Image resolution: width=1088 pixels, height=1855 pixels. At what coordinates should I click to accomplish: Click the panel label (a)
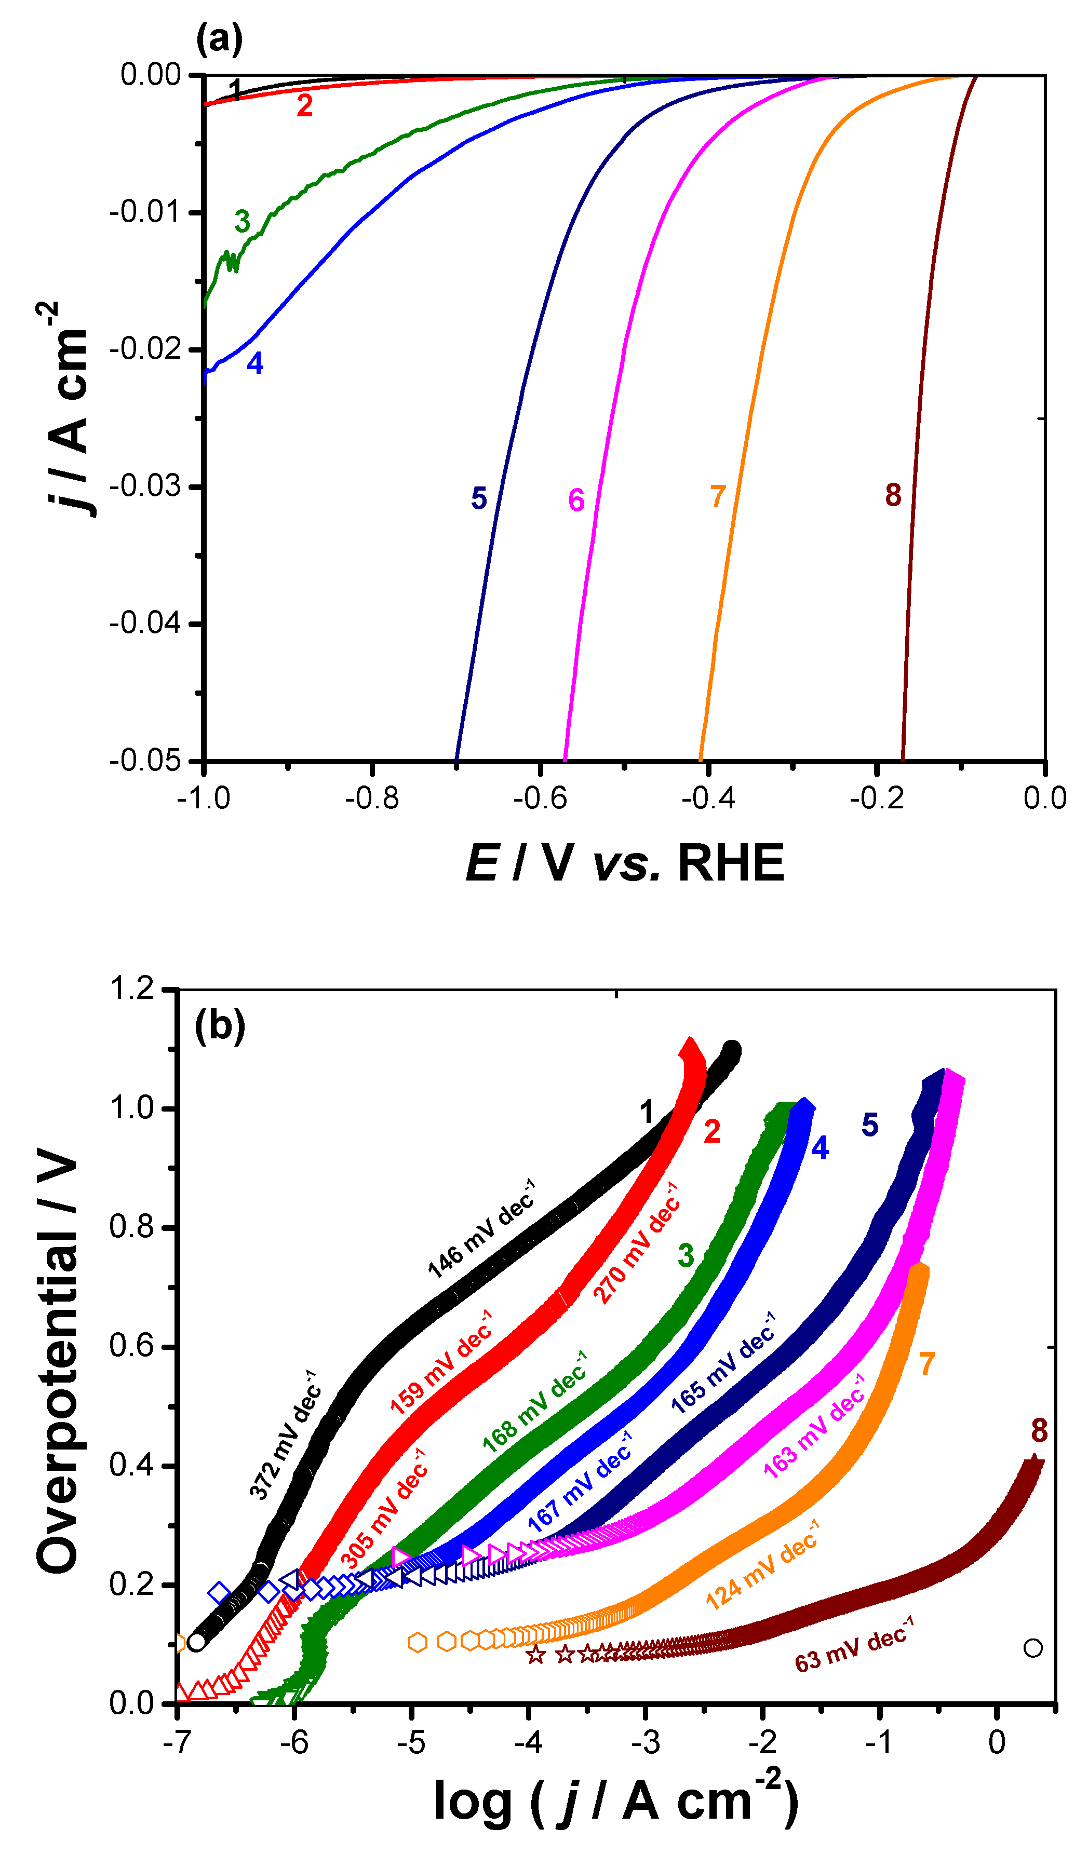pyautogui.click(x=219, y=38)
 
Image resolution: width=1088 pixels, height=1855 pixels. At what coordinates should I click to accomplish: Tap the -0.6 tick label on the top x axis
pyautogui.click(x=540, y=798)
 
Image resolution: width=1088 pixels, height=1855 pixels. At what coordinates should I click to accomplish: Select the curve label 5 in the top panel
pyautogui.click(x=478, y=498)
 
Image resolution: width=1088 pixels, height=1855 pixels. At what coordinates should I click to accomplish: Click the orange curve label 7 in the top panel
pyautogui.click(x=718, y=496)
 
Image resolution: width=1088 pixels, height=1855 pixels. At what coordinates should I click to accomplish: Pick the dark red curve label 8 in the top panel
pyautogui.click(x=893, y=495)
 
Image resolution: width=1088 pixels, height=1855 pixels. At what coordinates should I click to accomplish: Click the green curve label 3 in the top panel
pyautogui.click(x=242, y=221)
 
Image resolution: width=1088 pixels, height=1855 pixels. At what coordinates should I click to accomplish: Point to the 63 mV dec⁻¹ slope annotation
pyautogui.click(x=854, y=1644)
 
